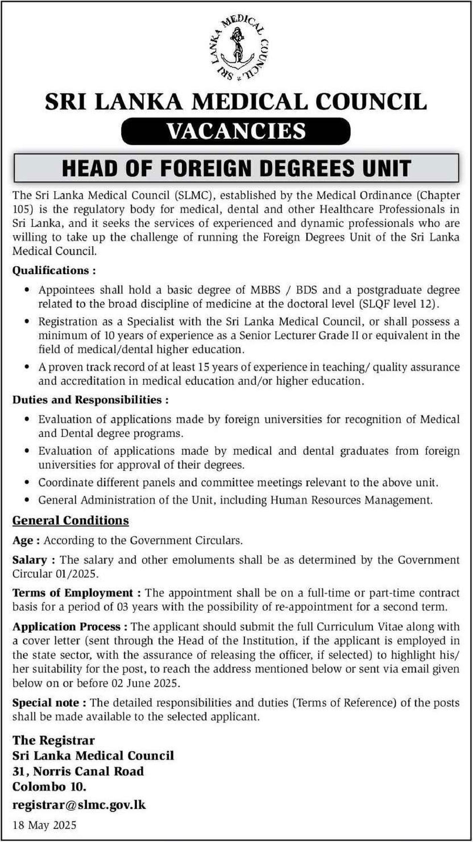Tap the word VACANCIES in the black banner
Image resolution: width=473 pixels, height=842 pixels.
[236, 131]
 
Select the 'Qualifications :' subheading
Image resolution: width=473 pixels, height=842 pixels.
[54, 270]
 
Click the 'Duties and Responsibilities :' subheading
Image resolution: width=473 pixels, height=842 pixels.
[90, 400]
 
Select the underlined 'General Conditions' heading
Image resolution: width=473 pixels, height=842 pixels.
[71, 520]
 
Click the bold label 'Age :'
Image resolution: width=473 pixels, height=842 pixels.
[26, 540]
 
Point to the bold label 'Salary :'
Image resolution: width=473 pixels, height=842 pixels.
[34, 560]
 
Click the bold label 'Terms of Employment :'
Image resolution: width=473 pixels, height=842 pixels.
[77, 593]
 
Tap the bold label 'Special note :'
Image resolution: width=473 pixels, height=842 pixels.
[50, 703]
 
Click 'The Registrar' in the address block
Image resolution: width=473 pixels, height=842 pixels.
[53, 740]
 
